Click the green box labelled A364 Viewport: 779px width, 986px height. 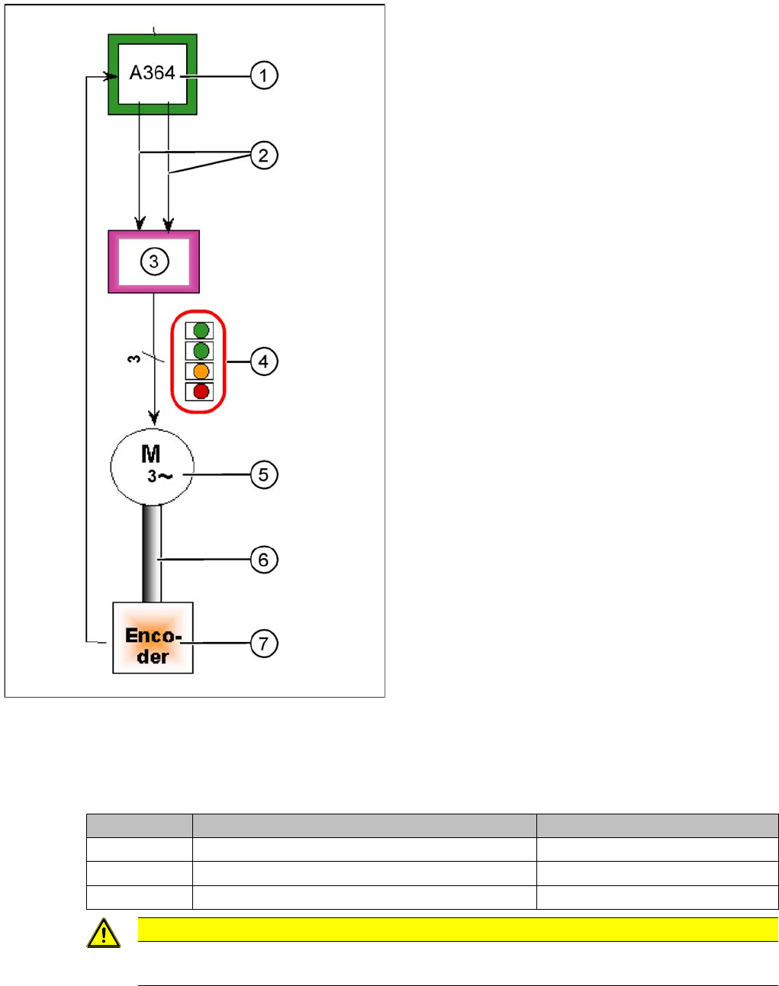(x=153, y=74)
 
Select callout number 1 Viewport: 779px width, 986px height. (x=264, y=75)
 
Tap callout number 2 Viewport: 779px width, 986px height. (x=264, y=156)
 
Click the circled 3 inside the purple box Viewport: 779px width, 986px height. (x=154, y=262)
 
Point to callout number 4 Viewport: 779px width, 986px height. (x=264, y=361)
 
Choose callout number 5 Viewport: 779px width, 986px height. (x=264, y=474)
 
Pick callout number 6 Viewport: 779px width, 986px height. (x=264, y=560)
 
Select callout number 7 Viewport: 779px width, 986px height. (x=264, y=643)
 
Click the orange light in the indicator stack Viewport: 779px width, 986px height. (x=201, y=371)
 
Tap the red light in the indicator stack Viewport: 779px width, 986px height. (x=201, y=391)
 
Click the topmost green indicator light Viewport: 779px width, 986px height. (x=201, y=330)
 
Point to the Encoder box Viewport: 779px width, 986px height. (x=153, y=638)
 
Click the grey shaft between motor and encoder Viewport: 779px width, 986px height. (x=152, y=554)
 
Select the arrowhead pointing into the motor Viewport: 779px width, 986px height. (x=154, y=419)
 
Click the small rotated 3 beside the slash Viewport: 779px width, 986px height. (x=134, y=357)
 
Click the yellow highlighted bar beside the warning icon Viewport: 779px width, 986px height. (x=458, y=929)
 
